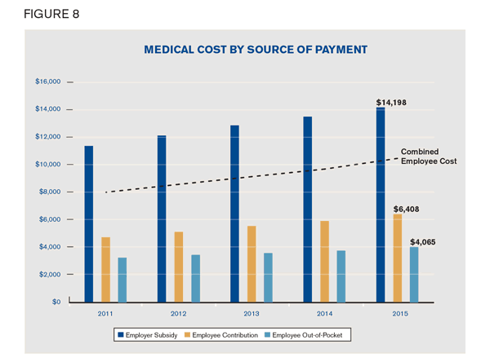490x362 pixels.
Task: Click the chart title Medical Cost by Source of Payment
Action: [256, 50]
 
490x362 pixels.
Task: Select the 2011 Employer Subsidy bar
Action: [88, 224]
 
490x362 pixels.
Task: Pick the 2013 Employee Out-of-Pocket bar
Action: [268, 277]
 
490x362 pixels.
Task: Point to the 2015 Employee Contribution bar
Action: [398, 258]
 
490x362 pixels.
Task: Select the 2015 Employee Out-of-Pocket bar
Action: [414, 274]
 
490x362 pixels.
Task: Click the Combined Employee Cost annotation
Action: [429, 156]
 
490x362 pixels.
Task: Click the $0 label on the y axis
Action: [56, 302]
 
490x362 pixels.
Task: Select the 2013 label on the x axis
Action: [252, 312]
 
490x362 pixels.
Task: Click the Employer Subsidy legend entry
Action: [149, 335]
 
